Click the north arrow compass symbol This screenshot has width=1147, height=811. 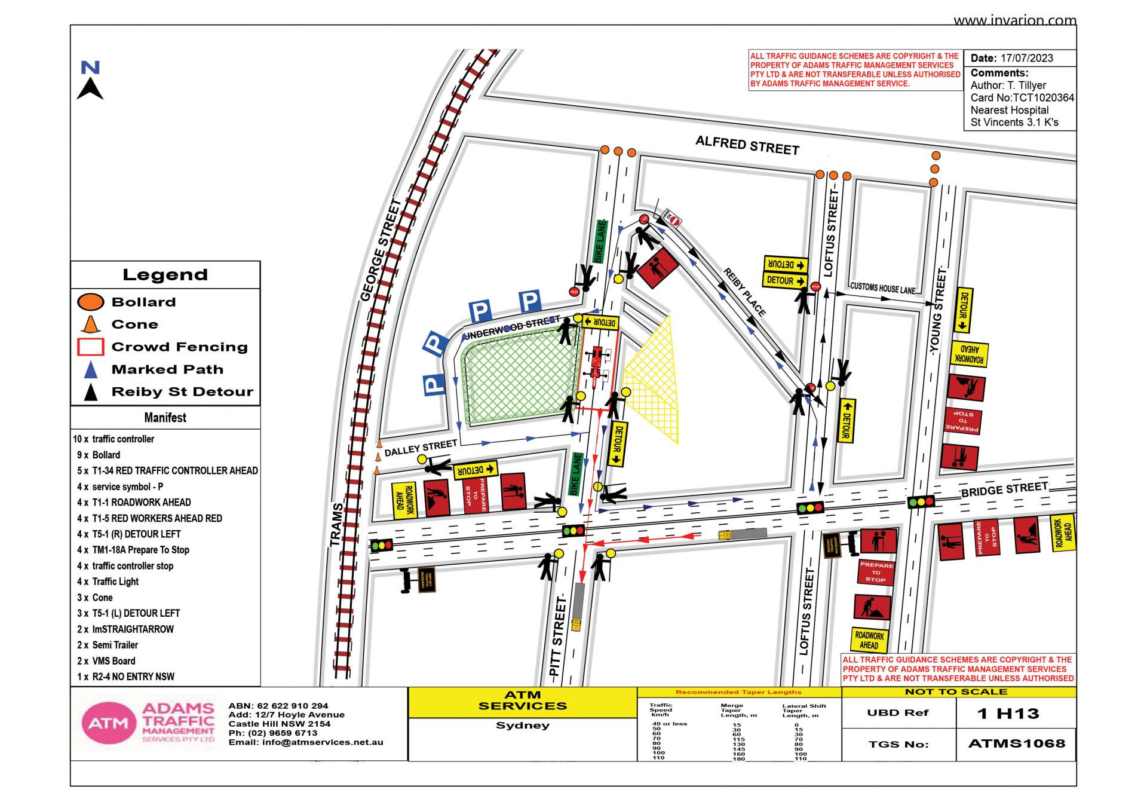[90, 80]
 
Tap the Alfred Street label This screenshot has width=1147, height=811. [747, 145]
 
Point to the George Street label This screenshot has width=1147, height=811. [381, 250]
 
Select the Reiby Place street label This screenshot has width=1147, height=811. [744, 292]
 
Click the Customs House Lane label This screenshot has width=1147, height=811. [882, 288]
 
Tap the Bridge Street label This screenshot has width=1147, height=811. [1004, 489]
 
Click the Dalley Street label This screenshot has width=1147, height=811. [421, 448]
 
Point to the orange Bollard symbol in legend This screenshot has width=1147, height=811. [91, 302]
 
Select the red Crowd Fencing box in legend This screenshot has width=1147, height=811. [91, 347]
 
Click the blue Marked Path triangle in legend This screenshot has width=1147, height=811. [91, 369]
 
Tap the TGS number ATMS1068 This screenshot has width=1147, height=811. [1016, 743]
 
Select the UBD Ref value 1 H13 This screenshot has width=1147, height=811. [1008, 713]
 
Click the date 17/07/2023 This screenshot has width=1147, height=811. [1026, 58]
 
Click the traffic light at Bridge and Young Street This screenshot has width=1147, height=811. [921, 502]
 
